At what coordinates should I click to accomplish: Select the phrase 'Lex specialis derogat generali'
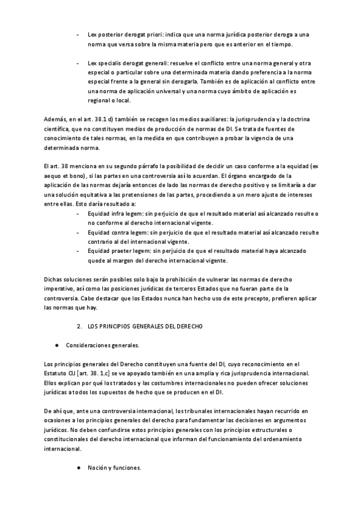[128, 64]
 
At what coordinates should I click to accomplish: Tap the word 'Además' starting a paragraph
[56, 119]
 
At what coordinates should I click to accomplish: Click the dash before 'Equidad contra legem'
[78, 232]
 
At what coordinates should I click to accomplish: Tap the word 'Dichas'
[54, 279]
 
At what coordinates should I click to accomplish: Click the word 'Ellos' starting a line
[53, 383]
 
